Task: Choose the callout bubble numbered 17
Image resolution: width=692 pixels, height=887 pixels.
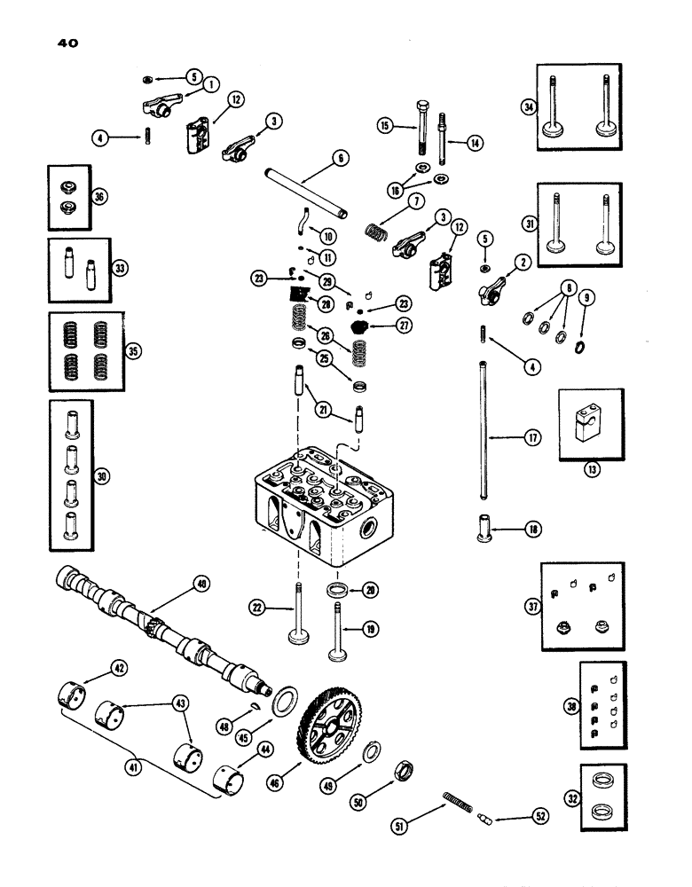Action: click(x=531, y=437)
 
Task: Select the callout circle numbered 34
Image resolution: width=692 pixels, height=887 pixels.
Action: click(x=530, y=107)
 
